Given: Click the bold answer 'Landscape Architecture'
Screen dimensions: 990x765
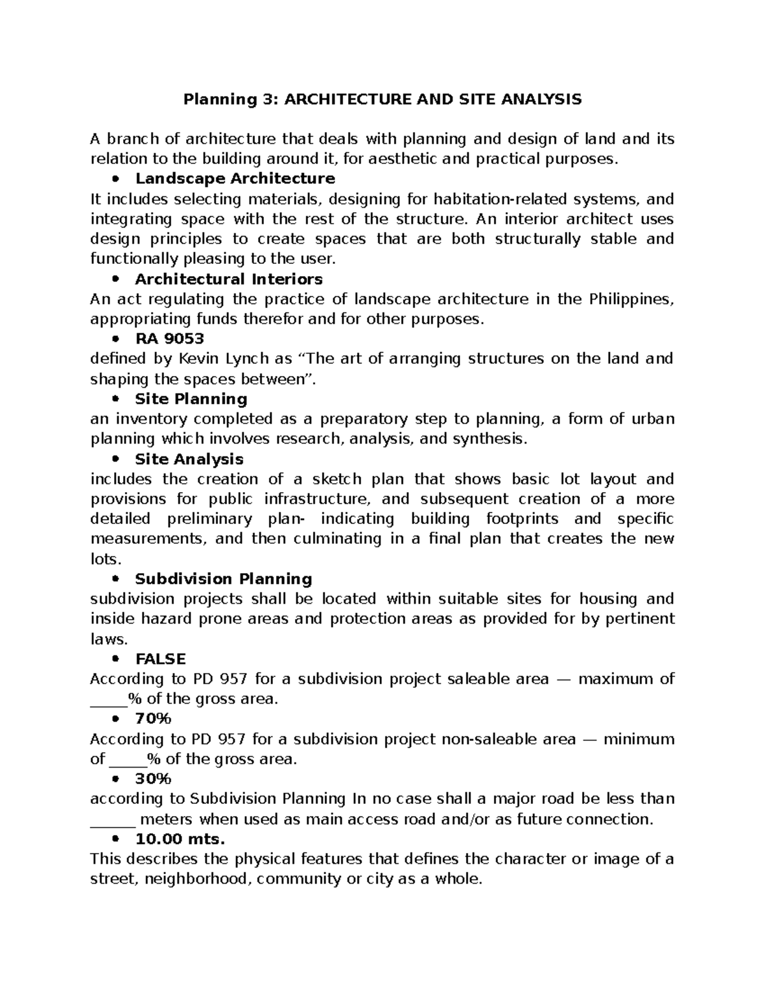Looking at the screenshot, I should [235, 178].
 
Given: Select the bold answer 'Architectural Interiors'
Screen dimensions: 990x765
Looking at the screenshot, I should [228, 279].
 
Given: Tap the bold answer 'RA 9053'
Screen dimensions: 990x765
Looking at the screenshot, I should [170, 338].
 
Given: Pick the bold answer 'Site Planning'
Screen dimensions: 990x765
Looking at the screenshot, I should [191, 399].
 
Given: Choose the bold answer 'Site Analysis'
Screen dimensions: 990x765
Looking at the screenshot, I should [189, 459].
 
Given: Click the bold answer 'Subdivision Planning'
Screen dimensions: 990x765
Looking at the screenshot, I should [223, 579].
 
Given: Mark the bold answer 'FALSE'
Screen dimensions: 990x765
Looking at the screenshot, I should [161, 659].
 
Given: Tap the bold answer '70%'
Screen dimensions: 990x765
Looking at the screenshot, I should [154, 719].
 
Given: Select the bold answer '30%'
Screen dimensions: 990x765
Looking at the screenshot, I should [154, 779].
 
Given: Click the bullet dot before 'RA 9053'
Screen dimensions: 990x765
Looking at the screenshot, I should [115, 339].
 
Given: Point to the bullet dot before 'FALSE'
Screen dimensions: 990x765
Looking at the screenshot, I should [115, 659].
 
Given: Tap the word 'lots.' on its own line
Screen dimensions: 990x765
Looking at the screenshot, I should [106, 559].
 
